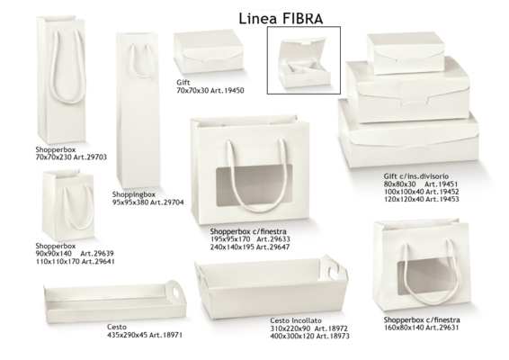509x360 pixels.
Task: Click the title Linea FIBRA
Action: pos(281,19)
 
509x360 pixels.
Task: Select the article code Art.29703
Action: pos(90,157)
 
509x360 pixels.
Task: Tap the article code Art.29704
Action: pos(167,202)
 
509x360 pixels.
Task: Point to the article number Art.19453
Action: pos(442,199)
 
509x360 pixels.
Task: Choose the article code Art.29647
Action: pos(273,247)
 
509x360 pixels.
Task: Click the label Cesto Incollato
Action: pos(296,320)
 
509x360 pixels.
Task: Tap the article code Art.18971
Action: pos(165,335)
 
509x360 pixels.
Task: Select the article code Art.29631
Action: pos(442,328)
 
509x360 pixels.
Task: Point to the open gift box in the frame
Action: pos(304,63)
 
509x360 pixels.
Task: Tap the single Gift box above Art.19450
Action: pos(209,52)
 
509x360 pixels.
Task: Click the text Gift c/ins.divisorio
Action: pos(416,176)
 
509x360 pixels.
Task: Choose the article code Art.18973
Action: pos(333,336)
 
